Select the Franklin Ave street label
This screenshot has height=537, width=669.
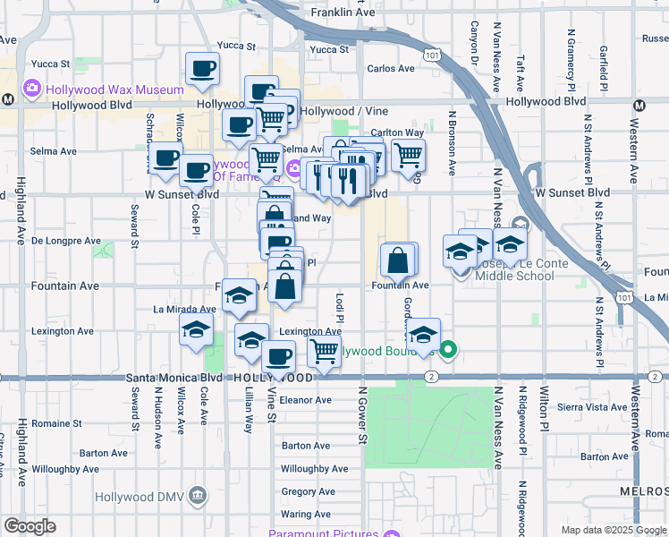[344, 13]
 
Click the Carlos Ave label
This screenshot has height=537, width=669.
[391, 68]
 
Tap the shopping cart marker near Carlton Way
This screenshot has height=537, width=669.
[408, 155]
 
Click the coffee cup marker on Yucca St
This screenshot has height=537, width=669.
[202, 68]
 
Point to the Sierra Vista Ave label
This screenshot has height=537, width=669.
[593, 406]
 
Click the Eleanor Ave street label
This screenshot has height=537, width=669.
[306, 400]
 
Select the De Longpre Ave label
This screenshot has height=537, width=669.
[66, 241]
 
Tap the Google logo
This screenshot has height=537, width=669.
[30, 526]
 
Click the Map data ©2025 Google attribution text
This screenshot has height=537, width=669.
[613, 530]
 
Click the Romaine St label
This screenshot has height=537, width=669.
[56, 422]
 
